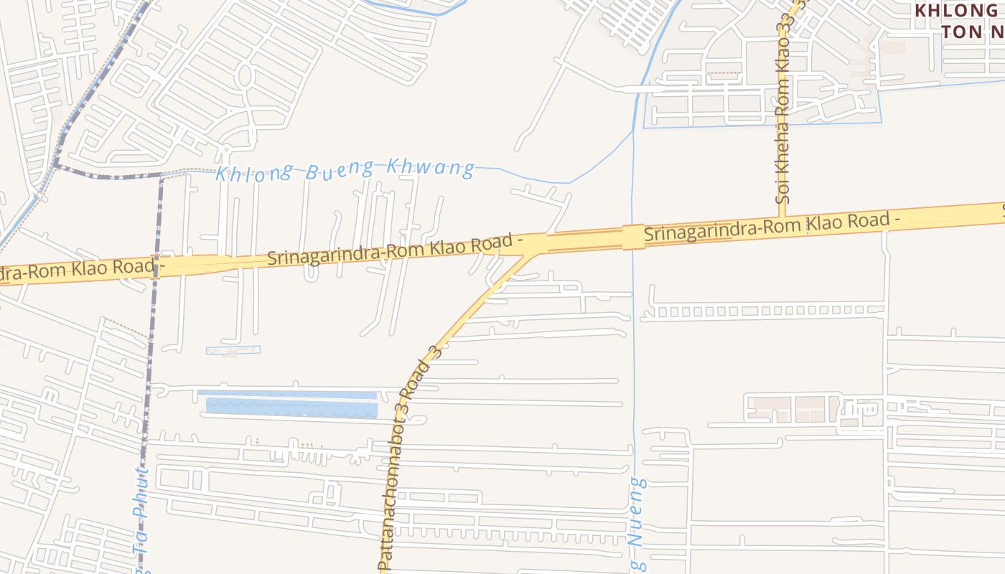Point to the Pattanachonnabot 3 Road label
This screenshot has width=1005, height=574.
tap(407, 459)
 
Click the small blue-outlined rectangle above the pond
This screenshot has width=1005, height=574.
tap(233, 350)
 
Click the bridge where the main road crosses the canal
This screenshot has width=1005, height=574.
tap(632, 237)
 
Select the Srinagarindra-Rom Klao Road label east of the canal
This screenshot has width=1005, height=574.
tap(772, 226)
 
